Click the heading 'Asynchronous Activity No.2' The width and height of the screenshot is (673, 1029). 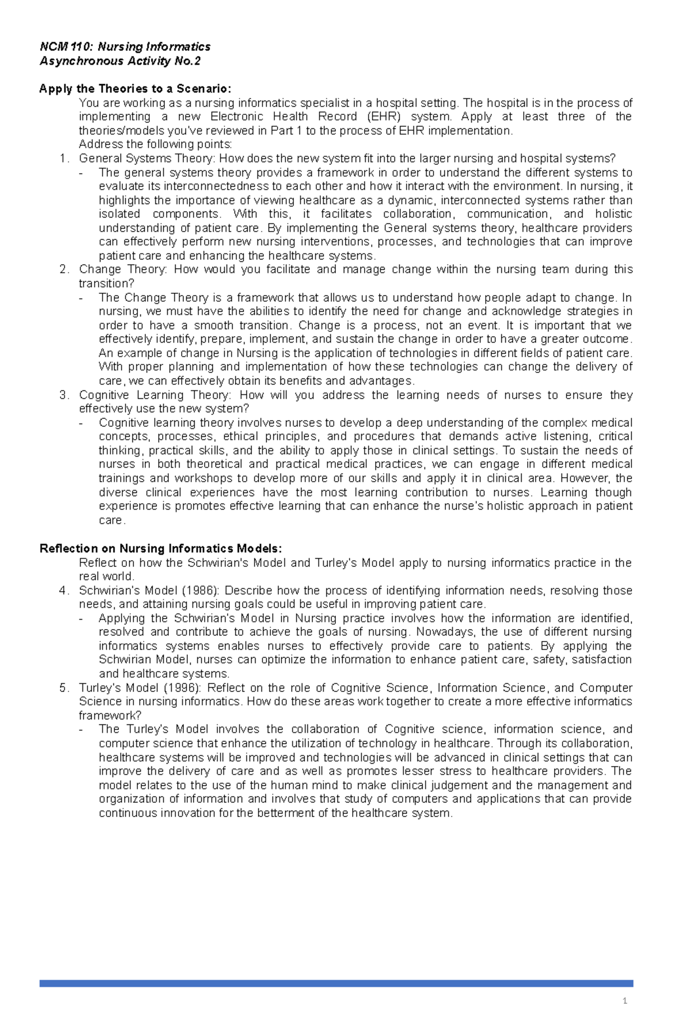pyautogui.click(x=119, y=61)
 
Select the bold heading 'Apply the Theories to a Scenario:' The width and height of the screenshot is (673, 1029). pyautogui.click(x=135, y=89)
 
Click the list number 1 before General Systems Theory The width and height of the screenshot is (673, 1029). pyautogui.click(x=63, y=159)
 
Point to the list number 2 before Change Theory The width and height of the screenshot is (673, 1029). pyautogui.click(x=63, y=270)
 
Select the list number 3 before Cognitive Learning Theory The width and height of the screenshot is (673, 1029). pyautogui.click(x=63, y=395)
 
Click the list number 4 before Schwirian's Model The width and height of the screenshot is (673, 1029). pyautogui.click(x=63, y=590)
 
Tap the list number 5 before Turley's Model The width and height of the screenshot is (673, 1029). pyautogui.click(x=63, y=688)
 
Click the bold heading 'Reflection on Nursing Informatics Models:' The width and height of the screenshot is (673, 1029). pyautogui.click(x=161, y=548)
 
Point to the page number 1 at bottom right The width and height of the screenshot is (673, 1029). pyautogui.click(x=624, y=1001)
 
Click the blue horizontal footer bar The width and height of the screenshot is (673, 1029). pyautogui.click(x=336, y=983)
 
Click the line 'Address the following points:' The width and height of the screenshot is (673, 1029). pyautogui.click(x=155, y=145)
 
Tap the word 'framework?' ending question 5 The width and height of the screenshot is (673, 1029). pyautogui.click(x=110, y=716)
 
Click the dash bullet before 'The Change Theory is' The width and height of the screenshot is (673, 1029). pyautogui.click(x=83, y=298)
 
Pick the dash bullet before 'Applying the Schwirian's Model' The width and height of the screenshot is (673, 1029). pyautogui.click(x=83, y=619)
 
